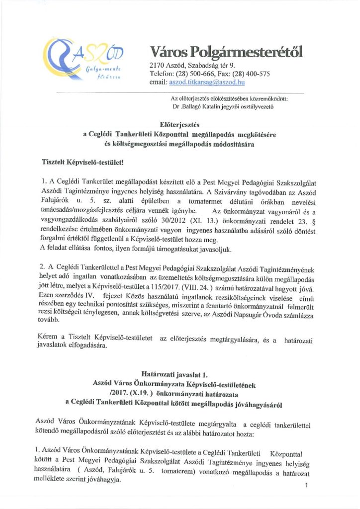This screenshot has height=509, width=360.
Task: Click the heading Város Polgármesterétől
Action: [x=225, y=52]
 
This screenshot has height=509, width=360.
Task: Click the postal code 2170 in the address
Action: [x=157, y=65]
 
